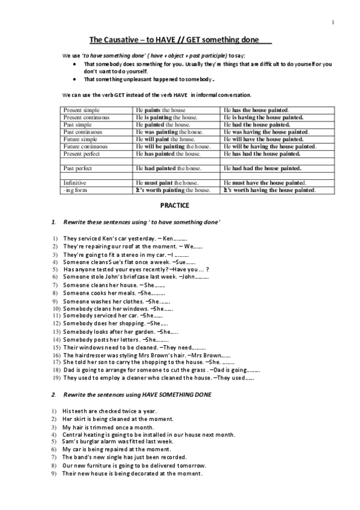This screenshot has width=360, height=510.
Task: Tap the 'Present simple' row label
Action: click(82, 110)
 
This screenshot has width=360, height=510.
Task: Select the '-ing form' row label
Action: click(76, 190)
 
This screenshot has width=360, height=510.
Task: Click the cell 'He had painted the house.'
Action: click(168, 168)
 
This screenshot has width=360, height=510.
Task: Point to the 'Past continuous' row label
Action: click(83, 132)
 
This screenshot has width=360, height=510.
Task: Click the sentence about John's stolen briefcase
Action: click(136, 277)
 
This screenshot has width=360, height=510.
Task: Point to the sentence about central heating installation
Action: click(148, 434)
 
